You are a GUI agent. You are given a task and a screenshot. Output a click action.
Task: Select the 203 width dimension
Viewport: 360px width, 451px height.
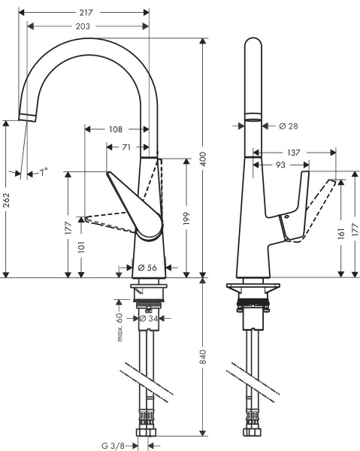[x=83, y=27]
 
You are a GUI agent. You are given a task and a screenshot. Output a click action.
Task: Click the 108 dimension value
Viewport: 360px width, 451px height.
[x=115, y=129]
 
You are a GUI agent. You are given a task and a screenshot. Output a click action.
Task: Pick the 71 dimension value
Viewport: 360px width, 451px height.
[x=126, y=147]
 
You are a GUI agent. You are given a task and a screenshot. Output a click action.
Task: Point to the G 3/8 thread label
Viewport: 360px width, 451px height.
[x=115, y=445]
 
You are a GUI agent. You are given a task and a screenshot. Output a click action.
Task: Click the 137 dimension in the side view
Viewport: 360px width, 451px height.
[x=294, y=153]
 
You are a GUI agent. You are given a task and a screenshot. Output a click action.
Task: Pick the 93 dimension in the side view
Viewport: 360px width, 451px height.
[x=280, y=165]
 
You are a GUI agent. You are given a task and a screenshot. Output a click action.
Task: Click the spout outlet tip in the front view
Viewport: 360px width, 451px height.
[x=26, y=117]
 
